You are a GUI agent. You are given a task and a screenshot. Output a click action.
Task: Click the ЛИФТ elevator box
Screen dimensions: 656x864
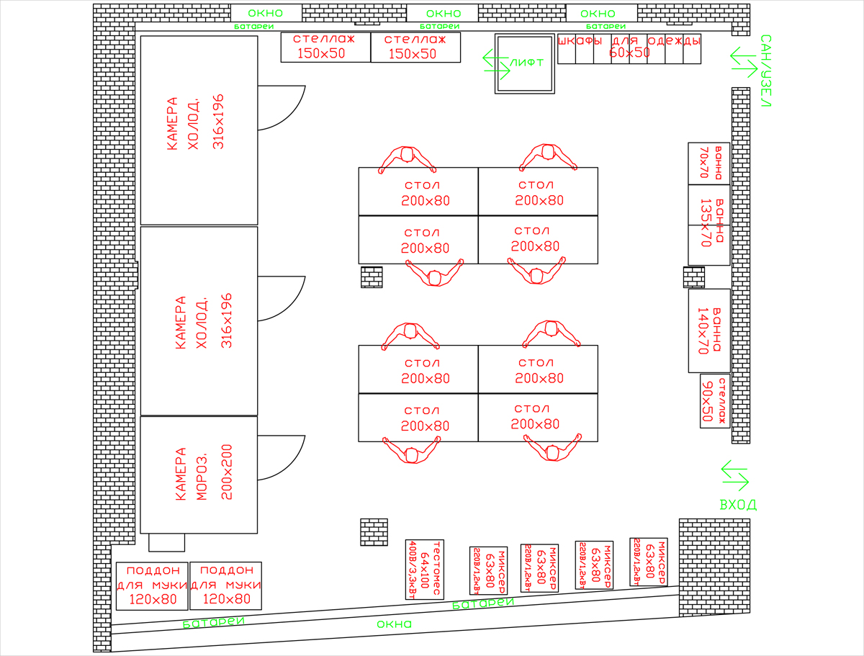tap(525, 63)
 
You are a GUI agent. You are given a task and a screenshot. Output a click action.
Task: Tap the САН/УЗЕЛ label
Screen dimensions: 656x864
tap(765, 71)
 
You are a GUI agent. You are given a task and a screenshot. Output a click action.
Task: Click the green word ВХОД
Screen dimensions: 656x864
tap(738, 505)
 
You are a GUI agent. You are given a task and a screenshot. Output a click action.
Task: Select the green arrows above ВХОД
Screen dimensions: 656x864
tap(735, 475)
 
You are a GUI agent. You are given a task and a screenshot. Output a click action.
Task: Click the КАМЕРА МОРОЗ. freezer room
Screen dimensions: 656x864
tap(199, 475)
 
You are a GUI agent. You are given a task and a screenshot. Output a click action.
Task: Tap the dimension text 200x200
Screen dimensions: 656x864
tap(228, 473)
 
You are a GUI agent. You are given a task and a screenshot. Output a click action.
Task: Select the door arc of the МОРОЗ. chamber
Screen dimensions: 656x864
tap(282, 457)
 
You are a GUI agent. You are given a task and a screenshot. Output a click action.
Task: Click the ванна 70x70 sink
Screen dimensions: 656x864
tap(709, 163)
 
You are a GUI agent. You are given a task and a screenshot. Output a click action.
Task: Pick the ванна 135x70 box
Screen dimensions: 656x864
tap(709, 225)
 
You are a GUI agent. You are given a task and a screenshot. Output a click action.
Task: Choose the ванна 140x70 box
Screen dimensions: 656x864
tap(709, 331)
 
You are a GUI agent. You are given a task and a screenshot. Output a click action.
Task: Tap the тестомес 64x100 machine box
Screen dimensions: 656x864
tap(425, 568)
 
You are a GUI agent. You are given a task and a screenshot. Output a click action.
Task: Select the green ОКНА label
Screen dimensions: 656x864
tap(395, 624)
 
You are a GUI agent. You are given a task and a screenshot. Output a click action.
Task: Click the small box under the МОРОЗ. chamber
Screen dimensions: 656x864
tap(166, 542)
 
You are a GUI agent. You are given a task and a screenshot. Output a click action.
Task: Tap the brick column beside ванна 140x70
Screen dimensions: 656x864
tap(693, 277)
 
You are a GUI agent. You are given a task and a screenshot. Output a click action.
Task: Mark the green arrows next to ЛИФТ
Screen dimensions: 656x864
tap(495, 63)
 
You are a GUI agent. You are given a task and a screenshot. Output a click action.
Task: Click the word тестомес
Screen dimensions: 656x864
tap(436, 568)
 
